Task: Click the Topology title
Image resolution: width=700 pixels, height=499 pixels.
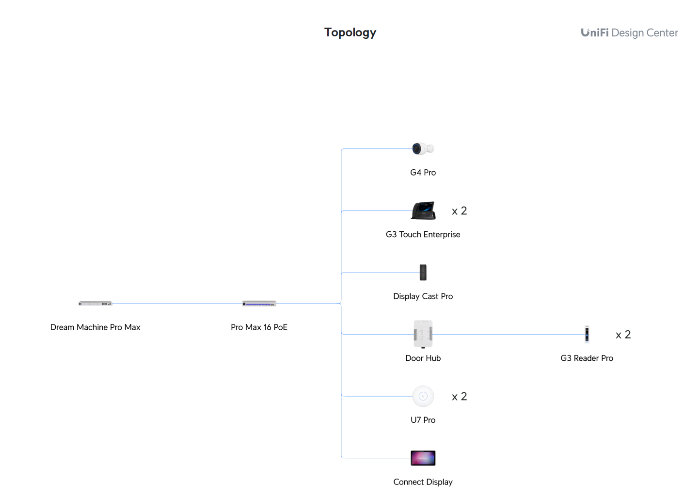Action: pos(350,32)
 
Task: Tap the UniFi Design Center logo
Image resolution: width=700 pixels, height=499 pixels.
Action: pos(629,33)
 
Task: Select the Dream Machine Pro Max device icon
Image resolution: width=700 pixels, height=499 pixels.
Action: pos(95,304)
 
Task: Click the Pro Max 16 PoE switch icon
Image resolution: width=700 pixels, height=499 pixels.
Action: pos(259,304)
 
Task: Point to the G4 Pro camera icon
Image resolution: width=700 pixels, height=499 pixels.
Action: pos(423,149)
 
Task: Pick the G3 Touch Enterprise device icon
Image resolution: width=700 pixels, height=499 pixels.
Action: pos(423,210)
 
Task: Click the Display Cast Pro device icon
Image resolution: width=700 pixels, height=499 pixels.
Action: pos(423,273)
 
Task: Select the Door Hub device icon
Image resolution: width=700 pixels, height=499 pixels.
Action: pos(423,334)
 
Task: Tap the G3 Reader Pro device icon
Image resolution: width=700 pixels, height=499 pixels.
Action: pos(587,334)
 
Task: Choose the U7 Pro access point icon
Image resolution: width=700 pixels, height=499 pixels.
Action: pos(423,396)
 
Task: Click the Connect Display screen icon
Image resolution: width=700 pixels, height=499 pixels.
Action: pos(423,458)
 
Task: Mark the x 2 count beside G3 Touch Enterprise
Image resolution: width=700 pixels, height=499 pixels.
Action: pos(459,211)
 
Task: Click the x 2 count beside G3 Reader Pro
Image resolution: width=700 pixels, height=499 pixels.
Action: pos(623,335)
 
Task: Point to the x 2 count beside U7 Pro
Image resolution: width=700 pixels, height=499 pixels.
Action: pos(459,397)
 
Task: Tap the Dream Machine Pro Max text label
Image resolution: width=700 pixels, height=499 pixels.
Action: pos(95,327)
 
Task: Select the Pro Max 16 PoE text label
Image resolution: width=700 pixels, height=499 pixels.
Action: pos(259,327)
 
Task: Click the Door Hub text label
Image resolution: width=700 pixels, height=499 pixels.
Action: pos(423,358)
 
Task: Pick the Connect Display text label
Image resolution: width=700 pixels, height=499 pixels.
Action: pos(423,482)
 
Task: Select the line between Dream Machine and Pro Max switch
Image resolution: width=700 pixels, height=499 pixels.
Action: pos(177,304)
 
